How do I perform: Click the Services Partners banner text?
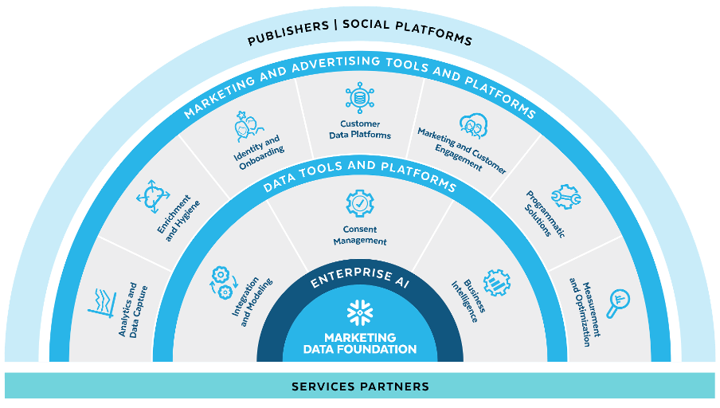(360, 386)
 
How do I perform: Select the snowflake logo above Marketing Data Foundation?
(359, 313)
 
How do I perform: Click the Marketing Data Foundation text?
(360, 343)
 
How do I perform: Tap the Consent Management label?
(360, 235)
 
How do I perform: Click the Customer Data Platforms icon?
(360, 97)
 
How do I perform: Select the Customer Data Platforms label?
(360, 129)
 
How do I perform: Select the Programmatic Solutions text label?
(544, 214)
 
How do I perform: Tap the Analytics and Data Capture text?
(132, 309)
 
